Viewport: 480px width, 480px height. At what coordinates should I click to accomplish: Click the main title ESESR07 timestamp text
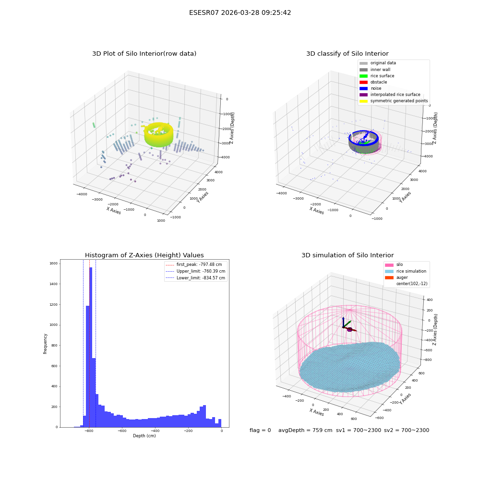240,13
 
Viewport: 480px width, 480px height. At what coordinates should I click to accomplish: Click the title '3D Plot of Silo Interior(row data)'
144,54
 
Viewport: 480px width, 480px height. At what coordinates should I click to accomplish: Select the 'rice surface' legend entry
377,76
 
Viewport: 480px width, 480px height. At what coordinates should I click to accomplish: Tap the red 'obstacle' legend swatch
363,82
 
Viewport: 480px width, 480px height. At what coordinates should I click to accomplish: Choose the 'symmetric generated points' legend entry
394,101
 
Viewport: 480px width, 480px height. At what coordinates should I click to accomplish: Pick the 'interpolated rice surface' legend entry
390,95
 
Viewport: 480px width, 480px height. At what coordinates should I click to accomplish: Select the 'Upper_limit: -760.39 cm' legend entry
195,271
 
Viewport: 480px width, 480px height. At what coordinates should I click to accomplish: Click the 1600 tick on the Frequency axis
54,263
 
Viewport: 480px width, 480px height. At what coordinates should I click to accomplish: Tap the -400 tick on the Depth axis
155,431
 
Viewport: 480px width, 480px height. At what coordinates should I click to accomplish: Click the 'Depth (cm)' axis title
144,436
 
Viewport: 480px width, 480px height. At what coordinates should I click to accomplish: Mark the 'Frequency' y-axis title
45,344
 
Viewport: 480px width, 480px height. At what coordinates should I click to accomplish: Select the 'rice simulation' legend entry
406,271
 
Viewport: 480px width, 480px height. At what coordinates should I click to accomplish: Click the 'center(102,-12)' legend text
412,284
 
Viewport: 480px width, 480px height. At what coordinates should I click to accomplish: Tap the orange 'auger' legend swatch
389,277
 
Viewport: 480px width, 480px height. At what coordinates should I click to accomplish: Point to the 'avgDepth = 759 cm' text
305,430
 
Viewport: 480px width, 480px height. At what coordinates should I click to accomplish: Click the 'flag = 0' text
260,430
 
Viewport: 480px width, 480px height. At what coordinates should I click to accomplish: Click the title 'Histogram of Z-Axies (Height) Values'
144,255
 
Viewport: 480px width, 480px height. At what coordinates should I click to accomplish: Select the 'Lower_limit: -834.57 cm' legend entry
195,278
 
